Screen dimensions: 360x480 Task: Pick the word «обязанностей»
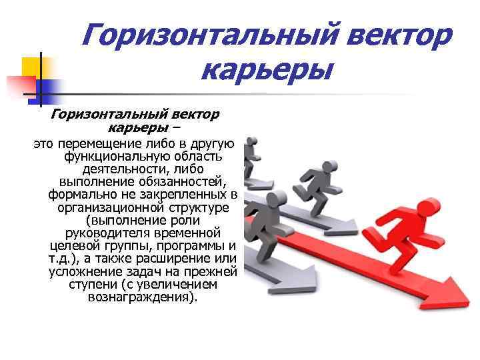pos(181,182)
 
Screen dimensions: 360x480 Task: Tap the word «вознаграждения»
pos(141,297)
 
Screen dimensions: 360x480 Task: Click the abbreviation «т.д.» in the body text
pos(63,259)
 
